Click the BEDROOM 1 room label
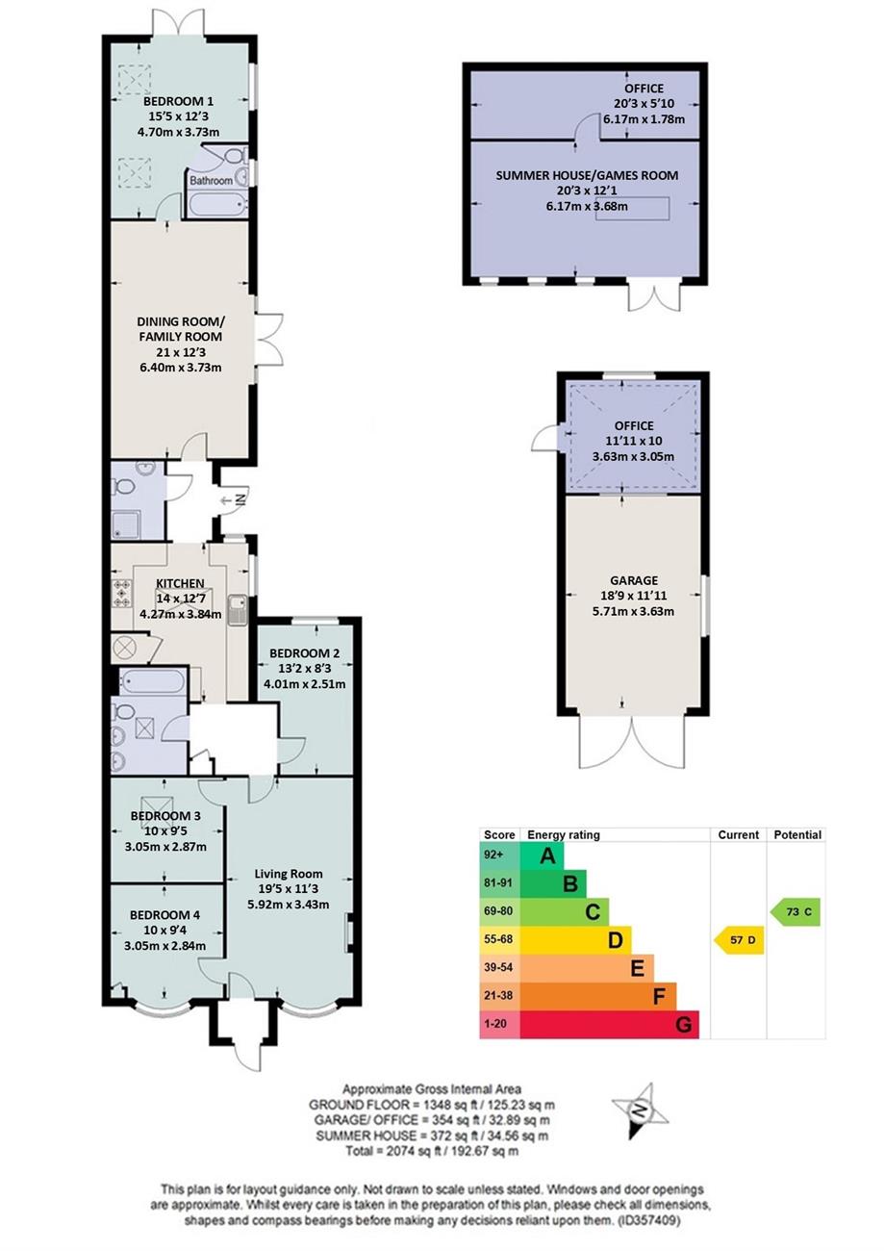click(x=178, y=101)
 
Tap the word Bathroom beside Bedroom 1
click(x=211, y=180)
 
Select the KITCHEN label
click(x=180, y=583)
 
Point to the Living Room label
click(x=289, y=874)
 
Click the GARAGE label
click(x=634, y=580)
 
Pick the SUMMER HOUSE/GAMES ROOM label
click(x=587, y=175)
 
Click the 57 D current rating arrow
click(x=739, y=939)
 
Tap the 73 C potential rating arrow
click(x=795, y=911)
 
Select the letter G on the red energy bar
click(x=684, y=1024)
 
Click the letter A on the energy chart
click(x=548, y=855)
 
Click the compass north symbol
click(x=640, y=1111)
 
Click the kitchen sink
click(x=238, y=610)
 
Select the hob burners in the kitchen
click(x=121, y=593)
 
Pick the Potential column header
click(x=797, y=834)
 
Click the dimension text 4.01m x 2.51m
click(x=305, y=683)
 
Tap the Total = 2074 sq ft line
click(x=432, y=1151)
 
